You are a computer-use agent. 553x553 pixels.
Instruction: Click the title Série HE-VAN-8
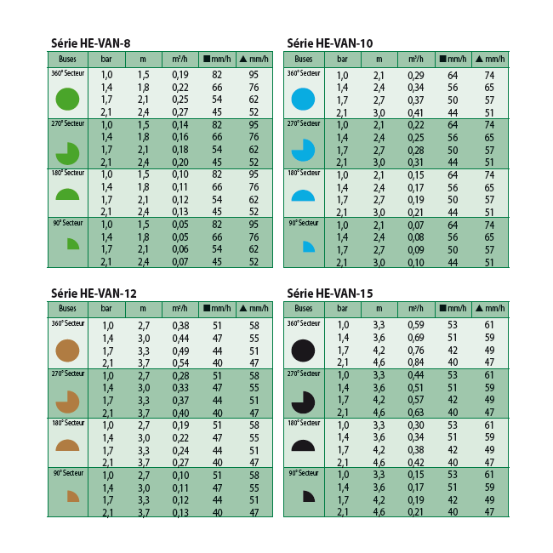[x=90, y=43]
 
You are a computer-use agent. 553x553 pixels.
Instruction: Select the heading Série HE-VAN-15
[x=330, y=293]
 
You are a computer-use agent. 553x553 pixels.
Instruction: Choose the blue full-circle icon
[x=303, y=100]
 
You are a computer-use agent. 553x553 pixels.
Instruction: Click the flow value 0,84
[x=416, y=362]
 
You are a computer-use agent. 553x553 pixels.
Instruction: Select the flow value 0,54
[x=180, y=362]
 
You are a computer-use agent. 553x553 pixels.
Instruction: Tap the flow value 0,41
[x=416, y=112]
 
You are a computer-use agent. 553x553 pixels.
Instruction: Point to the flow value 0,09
[x=416, y=250]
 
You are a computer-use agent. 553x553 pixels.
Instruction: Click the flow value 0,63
[x=416, y=412]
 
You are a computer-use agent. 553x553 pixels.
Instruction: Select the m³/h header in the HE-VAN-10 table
[x=416, y=60]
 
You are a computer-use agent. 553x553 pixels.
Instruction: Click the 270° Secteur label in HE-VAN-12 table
[x=66, y=373]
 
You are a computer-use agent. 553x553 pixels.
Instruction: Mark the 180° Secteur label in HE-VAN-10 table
[x=303, y=174]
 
